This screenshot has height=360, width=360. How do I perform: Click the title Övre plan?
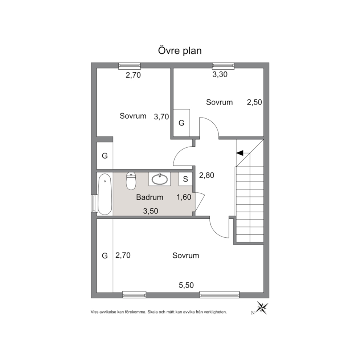coord(180,51)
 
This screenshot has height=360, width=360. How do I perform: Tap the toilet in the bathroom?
coord(131,181)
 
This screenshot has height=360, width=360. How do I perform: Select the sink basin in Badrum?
coord(160,179)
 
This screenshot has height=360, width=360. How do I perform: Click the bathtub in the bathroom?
coord(105,194)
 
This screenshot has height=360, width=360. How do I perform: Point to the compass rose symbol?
coord(262,308)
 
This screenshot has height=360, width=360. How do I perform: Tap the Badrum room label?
coord(150,197)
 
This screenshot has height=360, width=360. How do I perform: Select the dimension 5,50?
coord(186,285)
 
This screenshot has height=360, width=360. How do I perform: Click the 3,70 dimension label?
coord(161,117)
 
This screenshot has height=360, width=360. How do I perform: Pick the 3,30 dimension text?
coord(220,74)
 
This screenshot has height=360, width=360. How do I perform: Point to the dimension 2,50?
coord(254,102)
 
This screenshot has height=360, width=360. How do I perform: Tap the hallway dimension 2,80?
coord(206,175)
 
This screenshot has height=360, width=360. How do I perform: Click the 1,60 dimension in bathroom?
coord(184,197)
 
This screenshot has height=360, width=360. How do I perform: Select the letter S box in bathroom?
coord(185,179)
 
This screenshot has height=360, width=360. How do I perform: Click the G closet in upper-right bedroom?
coord(181,123)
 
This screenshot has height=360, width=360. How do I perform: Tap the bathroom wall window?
coord(94,204)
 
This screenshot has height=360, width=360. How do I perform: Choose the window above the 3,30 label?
coord(223,66)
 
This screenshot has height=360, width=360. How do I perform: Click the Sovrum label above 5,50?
coord(186,255)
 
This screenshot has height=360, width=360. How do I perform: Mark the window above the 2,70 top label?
coord(130,66)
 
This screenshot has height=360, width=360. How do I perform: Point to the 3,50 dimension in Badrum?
coord(151,211)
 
